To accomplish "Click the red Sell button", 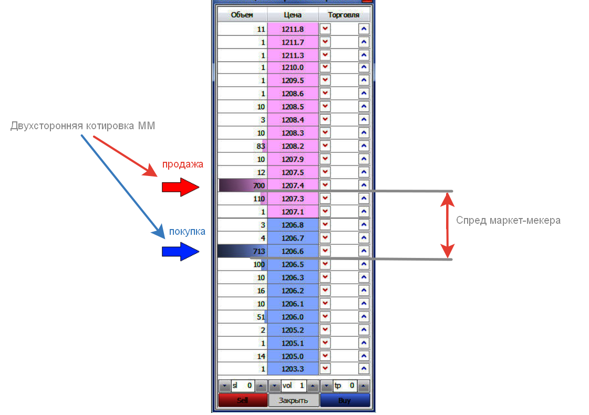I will [242, 400].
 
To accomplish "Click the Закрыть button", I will [293, 400].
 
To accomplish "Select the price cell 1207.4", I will [293, 185].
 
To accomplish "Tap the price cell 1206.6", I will [293, 251].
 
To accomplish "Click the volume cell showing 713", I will [242, 251].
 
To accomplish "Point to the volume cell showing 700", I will [242, 185].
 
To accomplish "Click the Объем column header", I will [242, 15].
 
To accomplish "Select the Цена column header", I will [293, 15].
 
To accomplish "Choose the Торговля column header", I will [344, 15].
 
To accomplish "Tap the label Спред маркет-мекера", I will [508, 221].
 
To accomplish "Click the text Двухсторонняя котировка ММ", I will [82, 126].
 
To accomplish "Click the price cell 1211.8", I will [293, 29].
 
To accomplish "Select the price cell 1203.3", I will [293, 369].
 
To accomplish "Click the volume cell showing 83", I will [242, 146].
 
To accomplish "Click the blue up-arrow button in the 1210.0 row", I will [364, 68].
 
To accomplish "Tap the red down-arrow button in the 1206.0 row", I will [326, 317].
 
